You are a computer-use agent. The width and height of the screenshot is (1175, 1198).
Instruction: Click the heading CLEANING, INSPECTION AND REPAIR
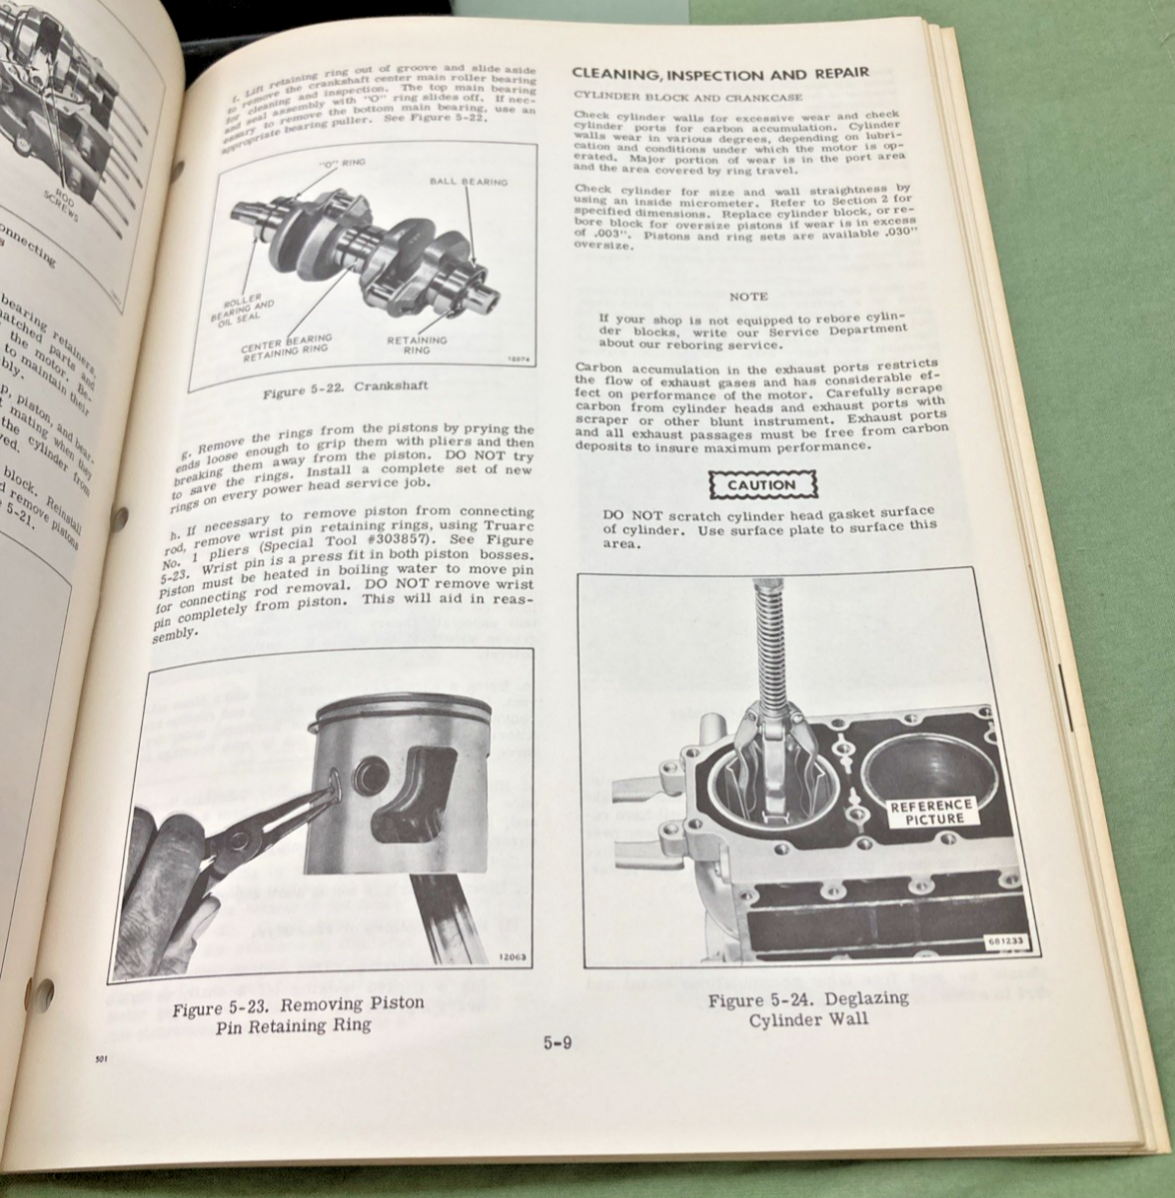[x=717, y=72]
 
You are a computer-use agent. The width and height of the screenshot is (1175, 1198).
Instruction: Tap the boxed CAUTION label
[x=760, y=485]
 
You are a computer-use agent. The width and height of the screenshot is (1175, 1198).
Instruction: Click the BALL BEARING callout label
[x=469, y=183]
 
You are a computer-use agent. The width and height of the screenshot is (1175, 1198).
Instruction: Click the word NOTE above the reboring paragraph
[x=748, y=297]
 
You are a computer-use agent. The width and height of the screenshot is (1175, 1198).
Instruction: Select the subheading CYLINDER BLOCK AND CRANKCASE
[x=662, y=95]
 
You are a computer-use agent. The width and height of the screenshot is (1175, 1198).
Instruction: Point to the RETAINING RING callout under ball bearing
[x=417, y=345]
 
